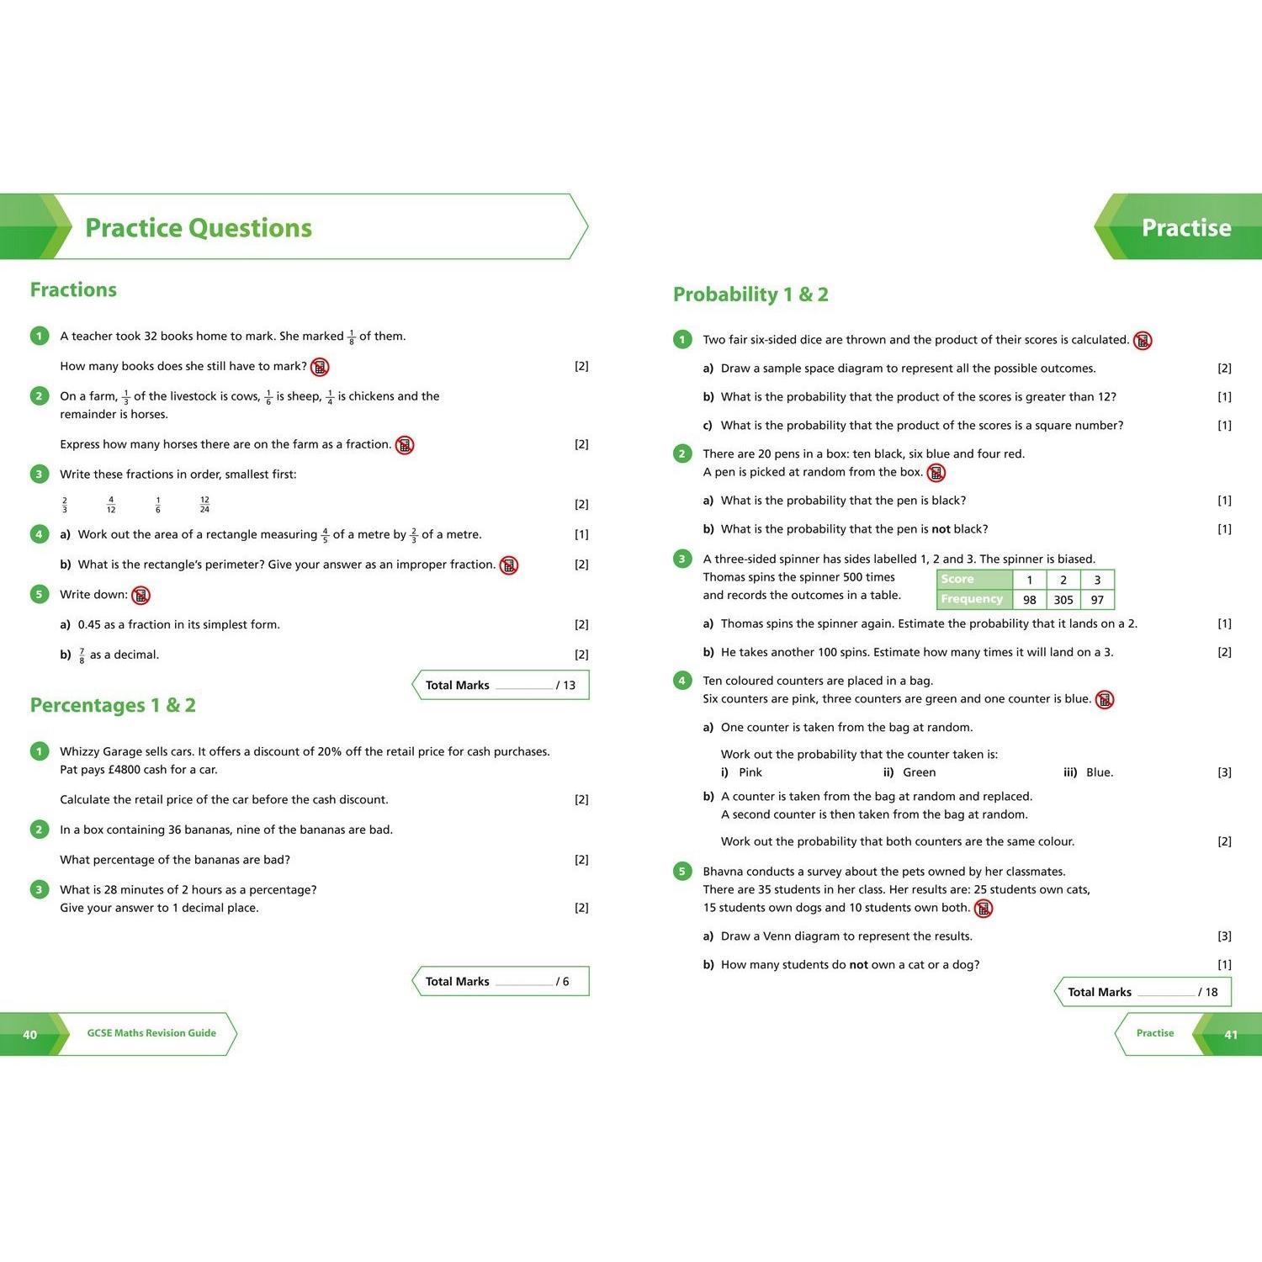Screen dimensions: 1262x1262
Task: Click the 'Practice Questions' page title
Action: [x=199, y=228]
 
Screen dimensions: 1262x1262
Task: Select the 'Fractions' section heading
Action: [x=73, y=290]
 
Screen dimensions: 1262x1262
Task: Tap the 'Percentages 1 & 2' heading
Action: [x=113, y=706]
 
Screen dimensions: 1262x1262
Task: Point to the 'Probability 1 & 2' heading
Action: [x=750, y=294]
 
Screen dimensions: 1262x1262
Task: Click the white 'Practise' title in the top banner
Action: [x=1185, y=228]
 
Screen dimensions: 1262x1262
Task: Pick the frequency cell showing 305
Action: [x=1063, y=600]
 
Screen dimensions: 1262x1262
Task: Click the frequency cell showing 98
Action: [x=1029, y=600]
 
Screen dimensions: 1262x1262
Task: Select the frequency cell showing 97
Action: [x=1097, y=600]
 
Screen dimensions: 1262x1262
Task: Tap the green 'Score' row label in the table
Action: [x=957, y=579]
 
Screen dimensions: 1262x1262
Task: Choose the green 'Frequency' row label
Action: [x=972, y=599]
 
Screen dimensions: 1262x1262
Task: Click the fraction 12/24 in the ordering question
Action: [x=204, y=505]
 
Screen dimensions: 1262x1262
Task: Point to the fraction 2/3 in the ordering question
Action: [x=65, y=505]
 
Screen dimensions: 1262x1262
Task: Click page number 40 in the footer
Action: [x=29, y=1035]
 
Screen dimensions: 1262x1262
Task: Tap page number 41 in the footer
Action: [x=1231, y=1035]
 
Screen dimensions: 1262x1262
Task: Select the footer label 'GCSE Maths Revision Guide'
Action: [x=151, y=1033]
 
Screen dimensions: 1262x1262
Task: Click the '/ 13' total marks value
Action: [x=565, y=686]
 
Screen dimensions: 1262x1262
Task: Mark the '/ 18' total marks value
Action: [x=1208, y=993]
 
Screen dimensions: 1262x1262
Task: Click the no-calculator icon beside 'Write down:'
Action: [x=141, y=596]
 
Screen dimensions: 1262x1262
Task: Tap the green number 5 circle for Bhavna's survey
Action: [x=682, y=872]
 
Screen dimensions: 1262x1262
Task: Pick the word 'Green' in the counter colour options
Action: [x=919, y=772]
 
